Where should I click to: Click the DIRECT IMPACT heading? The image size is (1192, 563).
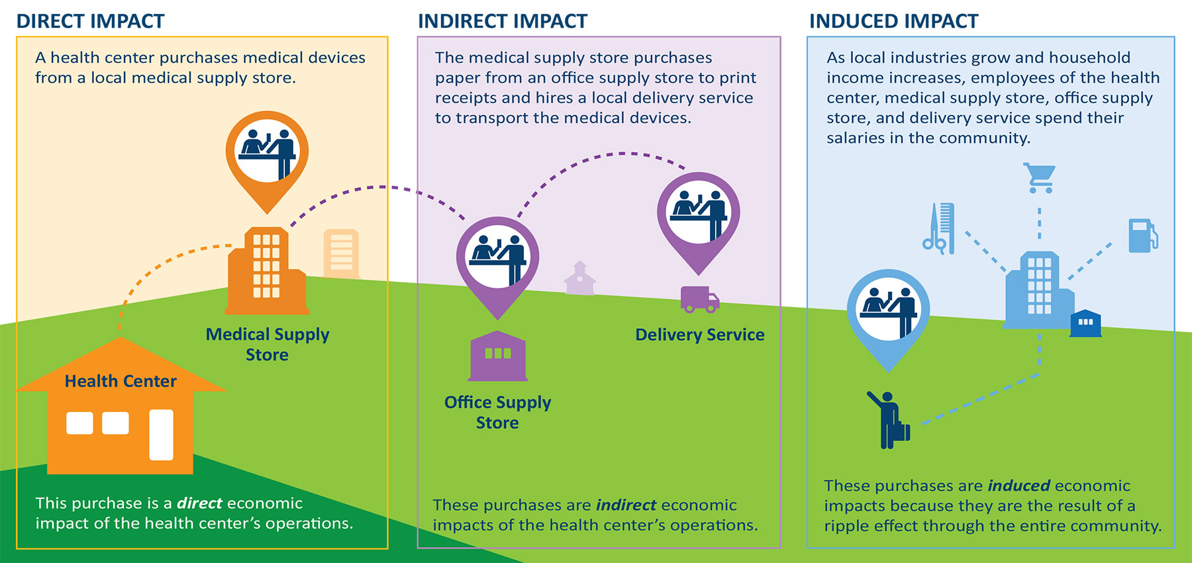click(90, 21)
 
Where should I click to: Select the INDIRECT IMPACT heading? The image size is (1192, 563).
click(502, 21)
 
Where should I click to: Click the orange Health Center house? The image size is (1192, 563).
click(120, 417)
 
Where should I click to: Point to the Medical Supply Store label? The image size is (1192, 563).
click(267, 344)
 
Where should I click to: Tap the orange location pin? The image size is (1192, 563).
click(267, 155)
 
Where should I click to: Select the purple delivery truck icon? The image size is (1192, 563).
click(699, 300)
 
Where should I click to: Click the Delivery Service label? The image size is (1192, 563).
click(699, 335)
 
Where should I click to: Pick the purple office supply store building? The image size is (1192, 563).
click(497, 357)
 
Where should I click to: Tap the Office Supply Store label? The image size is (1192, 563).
click(497, 412)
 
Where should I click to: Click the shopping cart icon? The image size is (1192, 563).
click(1039, 178)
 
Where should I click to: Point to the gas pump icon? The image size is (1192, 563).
click(1142, 236)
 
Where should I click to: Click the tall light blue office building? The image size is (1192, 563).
click(1038, 291)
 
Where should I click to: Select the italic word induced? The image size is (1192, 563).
click(1018, 486)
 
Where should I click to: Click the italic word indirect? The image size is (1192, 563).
click(626, 505)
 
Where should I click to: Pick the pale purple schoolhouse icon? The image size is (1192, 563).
click(579, 279)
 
